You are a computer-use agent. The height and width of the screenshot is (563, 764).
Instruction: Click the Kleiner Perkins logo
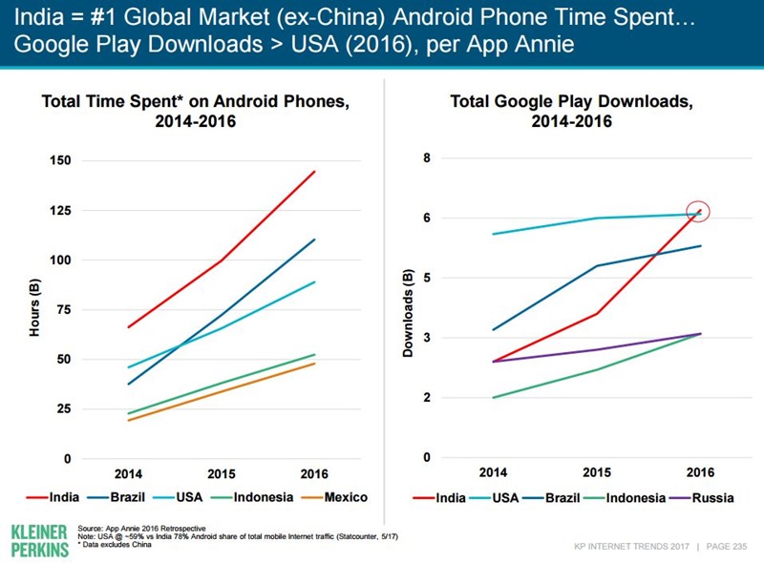tap(39, 539)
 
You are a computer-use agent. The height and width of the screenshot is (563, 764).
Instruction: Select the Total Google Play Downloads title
tap(571, 111)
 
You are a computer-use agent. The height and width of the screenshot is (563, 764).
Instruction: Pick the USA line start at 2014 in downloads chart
tap(493, 234)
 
